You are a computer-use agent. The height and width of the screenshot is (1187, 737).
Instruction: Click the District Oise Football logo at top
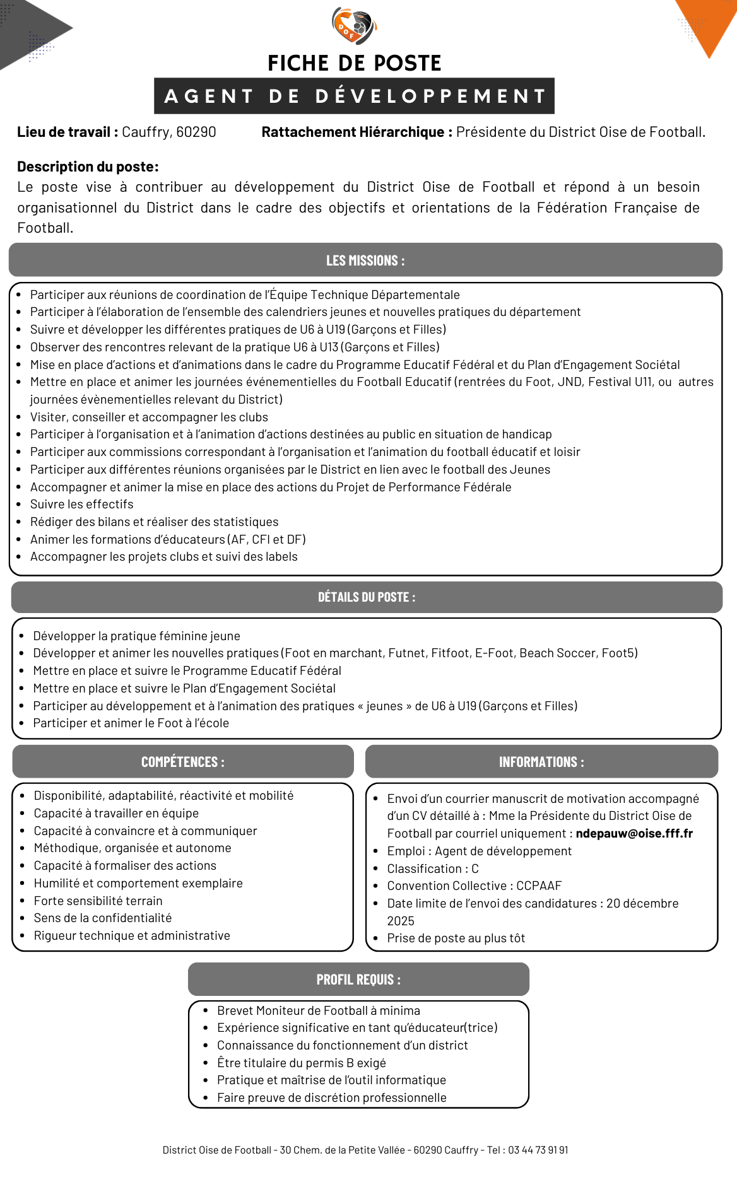(354, 26)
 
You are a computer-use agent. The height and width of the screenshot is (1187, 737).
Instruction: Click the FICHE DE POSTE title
(354, 63)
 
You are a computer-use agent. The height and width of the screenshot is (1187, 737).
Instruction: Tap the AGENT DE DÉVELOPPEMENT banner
(354, 96)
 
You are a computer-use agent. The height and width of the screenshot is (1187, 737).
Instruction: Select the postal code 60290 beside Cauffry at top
(196, 132)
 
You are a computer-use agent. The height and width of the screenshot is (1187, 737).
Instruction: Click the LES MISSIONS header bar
(365, 260)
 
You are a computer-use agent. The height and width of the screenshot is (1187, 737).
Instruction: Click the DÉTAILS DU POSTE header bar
(367, 597)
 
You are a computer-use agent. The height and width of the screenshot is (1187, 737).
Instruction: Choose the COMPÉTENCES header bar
(183, 762)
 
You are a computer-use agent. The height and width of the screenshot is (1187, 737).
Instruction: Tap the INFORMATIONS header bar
(541, 762)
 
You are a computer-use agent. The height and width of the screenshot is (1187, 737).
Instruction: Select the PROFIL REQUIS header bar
(358, 979)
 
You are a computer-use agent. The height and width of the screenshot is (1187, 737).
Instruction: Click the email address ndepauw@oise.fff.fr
(634, 834)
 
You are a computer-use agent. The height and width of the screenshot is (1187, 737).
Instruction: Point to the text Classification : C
(433, 869)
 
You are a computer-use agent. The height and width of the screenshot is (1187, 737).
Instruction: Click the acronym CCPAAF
(539, 886)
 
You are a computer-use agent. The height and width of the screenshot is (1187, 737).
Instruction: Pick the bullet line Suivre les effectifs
(82, 505)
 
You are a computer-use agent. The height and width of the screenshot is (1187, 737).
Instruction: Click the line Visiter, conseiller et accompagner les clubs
(149, 418)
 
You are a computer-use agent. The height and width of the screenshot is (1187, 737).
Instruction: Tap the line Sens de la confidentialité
(103, 918)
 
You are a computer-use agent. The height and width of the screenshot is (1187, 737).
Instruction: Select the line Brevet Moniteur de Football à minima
(319, 1011)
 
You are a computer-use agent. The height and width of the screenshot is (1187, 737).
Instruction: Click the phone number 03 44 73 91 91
(538, 1150)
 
